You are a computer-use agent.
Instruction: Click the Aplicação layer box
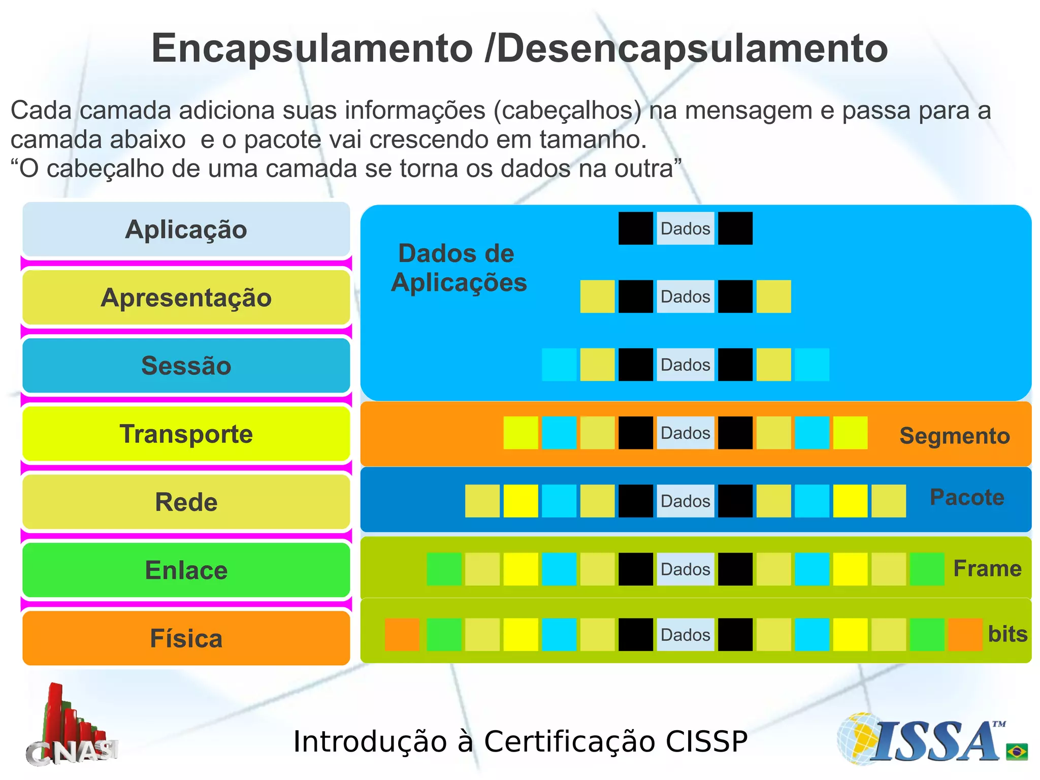[x=186, y=229]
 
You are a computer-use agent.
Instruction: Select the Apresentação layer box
[x=186, y=297]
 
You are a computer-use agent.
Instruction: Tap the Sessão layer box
[x=186, y=366]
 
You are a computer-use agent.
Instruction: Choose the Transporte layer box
[x=186, y=434]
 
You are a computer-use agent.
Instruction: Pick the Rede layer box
[x=186, y=502]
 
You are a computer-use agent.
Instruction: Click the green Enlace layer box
[x=186, y=570]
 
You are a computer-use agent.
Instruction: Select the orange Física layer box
[x=186, y=638]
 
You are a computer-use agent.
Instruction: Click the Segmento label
[x=954, y=436]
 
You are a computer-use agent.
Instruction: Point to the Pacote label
[x=966, y=497]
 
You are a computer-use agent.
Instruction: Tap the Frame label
[x=987, y=568]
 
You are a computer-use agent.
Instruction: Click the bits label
[x=1007, y=634]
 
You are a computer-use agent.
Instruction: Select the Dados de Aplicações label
[x=458, y=268]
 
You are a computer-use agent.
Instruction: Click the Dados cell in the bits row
[x=685, y=635]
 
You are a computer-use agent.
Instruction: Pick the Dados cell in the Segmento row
[x=685, y=433]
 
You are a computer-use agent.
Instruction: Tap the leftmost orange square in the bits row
[x=402, y=634]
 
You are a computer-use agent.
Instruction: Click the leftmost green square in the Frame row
[x=444, y=569]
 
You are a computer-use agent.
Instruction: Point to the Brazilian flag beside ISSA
[x=1017, y=751]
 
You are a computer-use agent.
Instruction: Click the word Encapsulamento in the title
[x=312, y=49]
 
